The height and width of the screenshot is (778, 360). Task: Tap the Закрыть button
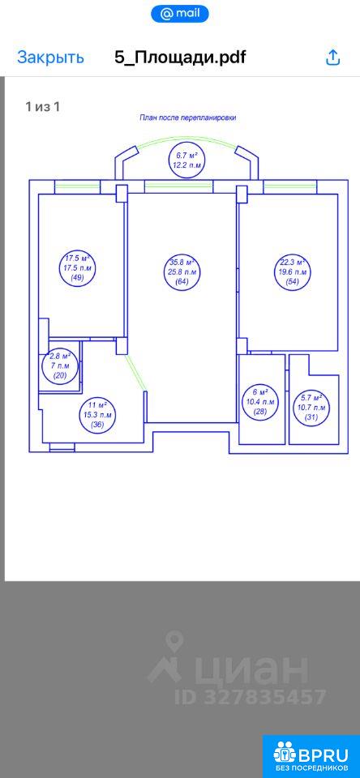(x=50, y=58)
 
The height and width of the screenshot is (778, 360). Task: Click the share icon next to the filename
(x=332, y=58)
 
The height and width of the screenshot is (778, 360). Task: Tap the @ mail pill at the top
(x=180, y=15)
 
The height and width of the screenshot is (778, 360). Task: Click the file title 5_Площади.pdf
(x=180, y=58)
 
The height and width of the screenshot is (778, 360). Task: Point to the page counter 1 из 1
(x=43, y=106)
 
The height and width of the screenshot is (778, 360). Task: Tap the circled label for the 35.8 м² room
(x=182, y=272)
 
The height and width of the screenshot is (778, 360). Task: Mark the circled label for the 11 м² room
(x=98, y=414)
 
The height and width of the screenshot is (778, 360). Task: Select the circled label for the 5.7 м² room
(x=312, y=408)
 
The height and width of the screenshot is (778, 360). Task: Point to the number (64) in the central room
(x=182, y=282)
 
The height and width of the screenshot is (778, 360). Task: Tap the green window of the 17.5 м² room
(x=78, y=187)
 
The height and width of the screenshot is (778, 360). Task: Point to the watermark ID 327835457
(x=250, y=696)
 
